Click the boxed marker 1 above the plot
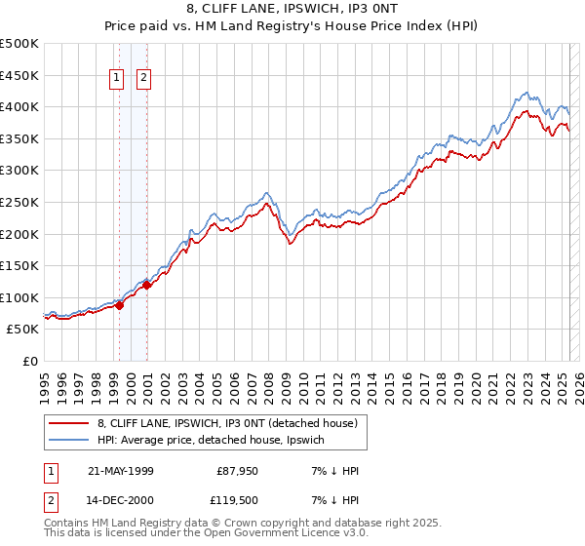coord(117,79)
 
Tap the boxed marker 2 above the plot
coord(144,79)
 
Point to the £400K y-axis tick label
coord(19,106)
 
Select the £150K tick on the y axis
coord(19,265)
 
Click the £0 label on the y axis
coord(30,361)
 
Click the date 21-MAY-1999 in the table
coord(120,471)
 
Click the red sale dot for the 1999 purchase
coord(119,305)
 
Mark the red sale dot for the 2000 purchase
coord(146,286)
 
